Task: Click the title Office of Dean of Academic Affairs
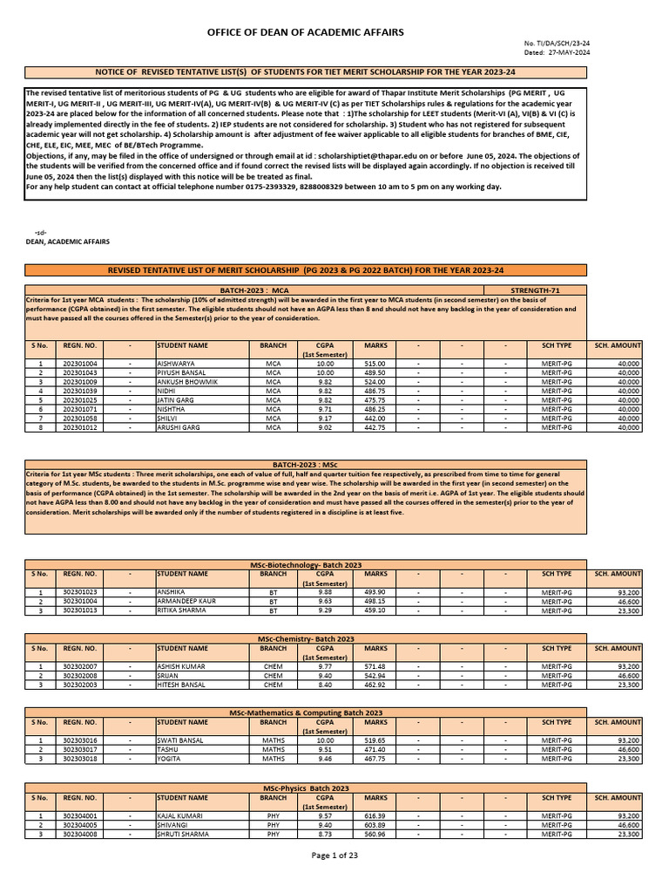point(305,32)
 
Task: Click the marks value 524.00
point(375,382)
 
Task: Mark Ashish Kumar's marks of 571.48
point(375,665)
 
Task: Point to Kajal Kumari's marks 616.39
point(375,815)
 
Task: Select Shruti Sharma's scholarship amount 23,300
point(625,834)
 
